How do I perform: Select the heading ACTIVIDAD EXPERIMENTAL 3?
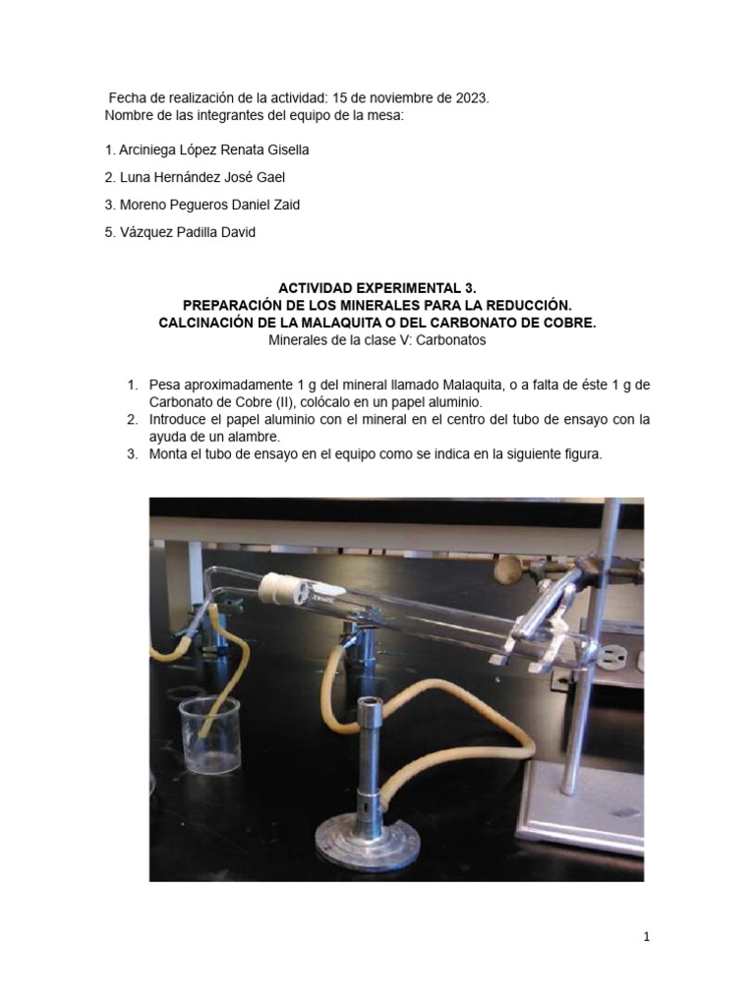(x=377, y=287)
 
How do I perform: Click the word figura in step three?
(x=580, y=454)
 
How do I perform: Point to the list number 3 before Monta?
(x=133, y=454)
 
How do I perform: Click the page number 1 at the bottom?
(x=647, y=937)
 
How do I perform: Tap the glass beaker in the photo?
(x=209, y=735)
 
